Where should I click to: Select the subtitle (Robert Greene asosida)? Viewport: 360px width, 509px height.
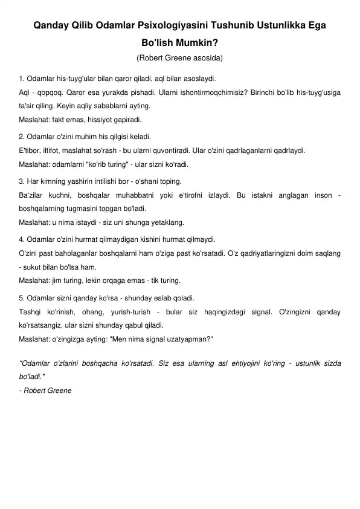[180, 59]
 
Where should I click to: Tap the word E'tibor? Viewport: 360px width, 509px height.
[31, 151]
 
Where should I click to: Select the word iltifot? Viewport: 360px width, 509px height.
[57, 151]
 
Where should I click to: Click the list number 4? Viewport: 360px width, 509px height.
[22, 239]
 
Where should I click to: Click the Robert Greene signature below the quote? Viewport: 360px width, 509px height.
[47, 390]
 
